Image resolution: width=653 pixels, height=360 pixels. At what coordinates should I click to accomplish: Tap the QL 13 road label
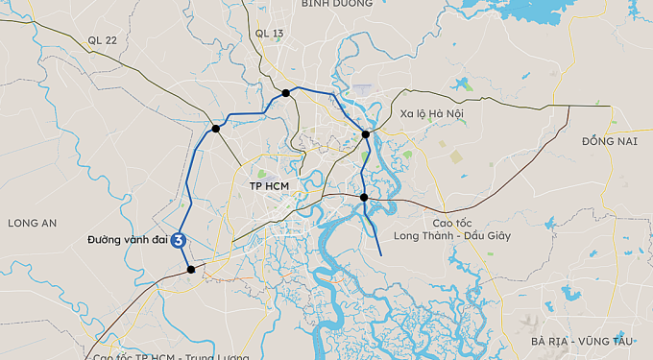(270, 34)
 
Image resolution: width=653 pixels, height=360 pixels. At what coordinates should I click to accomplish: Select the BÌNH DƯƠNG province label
(335, 4)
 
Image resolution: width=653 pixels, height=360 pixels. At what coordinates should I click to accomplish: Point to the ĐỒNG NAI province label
(609, 141)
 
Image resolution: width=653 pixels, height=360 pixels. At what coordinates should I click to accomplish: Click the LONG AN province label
(33, 223)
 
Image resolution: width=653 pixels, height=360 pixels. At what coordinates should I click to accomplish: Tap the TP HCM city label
(270, 184)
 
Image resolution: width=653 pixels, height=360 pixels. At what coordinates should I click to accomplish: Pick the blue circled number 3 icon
(179, 241)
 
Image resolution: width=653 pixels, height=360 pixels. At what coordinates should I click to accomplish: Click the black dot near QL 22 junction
(216, 128)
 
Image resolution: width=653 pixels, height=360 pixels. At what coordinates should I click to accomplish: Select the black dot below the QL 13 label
(286, 93)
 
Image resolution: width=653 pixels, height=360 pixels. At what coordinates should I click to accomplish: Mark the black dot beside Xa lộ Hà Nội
(365, 134)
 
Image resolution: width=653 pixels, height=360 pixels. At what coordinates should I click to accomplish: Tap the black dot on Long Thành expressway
(364, 198)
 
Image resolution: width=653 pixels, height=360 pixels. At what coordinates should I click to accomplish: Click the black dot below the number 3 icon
(191, 270)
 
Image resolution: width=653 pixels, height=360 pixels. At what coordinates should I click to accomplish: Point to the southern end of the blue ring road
(381, 254)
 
